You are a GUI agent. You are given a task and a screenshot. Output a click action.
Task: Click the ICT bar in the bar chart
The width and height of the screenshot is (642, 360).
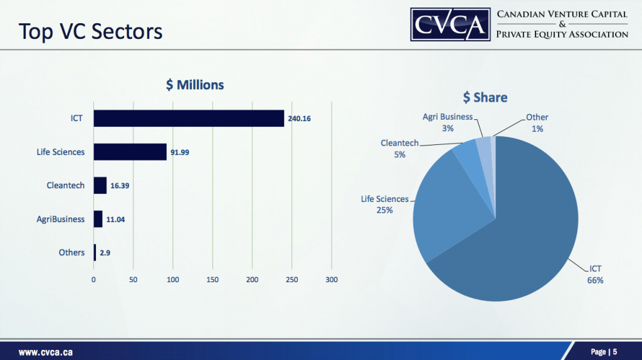click(188, 118)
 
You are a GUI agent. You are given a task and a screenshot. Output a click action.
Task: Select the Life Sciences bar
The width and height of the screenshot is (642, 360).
click(130, 152)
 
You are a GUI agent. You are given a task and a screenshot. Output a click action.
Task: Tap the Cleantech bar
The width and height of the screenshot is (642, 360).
click(100, 186)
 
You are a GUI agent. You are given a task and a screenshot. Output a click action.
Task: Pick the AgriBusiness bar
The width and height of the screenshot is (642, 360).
click(98, 219)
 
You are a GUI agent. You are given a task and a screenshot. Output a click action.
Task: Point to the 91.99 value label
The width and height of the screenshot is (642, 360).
click(180, 152)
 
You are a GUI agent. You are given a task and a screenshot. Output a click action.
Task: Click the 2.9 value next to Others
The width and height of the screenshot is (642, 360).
click(105, 253)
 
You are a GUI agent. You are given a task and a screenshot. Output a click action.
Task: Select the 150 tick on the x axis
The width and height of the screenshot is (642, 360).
click(213, 280)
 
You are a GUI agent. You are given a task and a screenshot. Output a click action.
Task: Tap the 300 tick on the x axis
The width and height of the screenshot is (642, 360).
click(332, 280)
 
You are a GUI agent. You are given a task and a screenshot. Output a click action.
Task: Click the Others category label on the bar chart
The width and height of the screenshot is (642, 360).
click(71, 252)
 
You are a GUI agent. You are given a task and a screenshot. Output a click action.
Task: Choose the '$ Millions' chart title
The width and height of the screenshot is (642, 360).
click(195, 85)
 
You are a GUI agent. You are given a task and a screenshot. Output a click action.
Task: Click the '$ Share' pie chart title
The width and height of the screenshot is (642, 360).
click(485, 97)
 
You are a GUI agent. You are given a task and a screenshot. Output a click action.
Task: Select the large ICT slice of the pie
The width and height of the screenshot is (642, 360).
click(527, 238)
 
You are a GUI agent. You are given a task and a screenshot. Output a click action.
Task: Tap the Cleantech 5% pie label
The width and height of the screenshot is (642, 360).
click(399, 149)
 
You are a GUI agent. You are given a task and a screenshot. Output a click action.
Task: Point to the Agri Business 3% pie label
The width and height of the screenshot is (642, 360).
click(448, 122)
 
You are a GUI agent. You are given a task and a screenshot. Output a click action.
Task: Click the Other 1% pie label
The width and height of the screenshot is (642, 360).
click(537, 122)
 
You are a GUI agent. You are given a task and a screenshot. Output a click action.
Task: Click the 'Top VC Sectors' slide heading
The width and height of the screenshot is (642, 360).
click(90, 31)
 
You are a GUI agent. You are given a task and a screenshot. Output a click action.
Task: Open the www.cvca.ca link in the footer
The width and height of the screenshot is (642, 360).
click(45, 352)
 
